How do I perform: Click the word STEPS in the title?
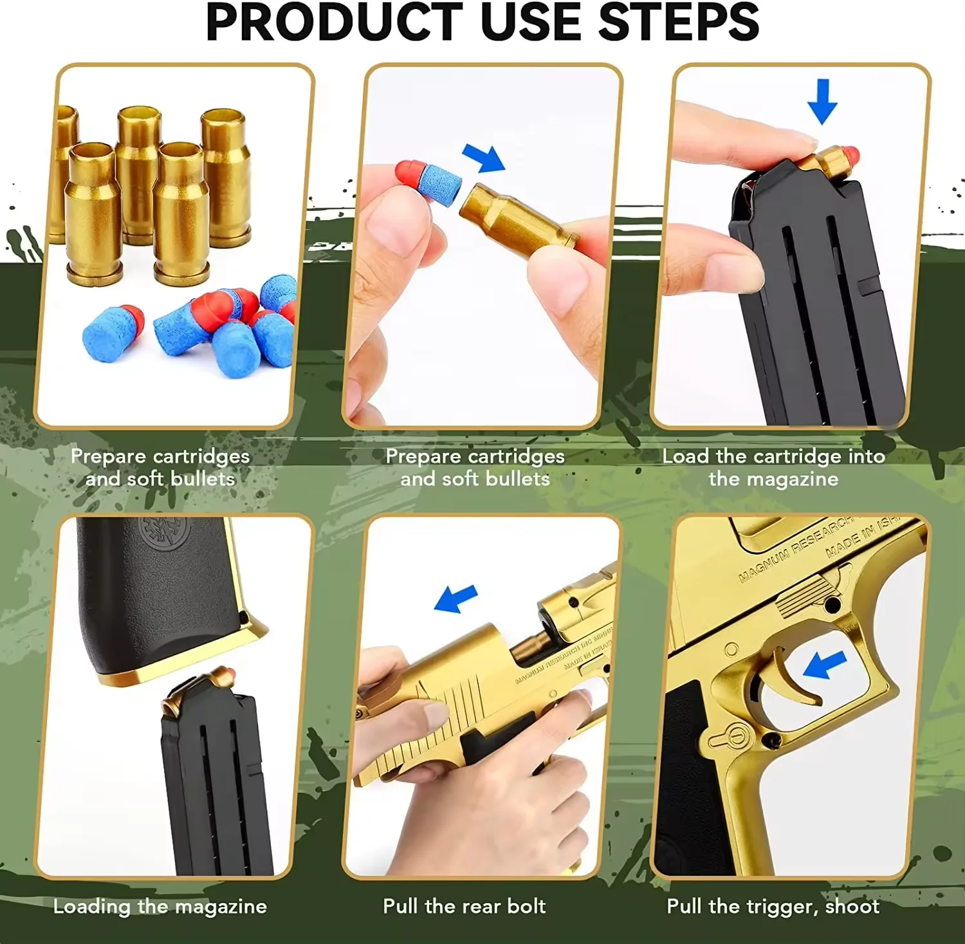(679, 22)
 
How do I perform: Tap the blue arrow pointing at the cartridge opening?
(484, 158)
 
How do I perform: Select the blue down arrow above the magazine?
(822, 102)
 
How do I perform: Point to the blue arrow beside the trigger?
(824, 664)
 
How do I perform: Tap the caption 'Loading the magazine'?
(160, 906)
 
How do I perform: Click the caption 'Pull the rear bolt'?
(464, 906)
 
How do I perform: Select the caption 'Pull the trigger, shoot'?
(773, 906)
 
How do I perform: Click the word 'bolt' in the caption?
(526, 906)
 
